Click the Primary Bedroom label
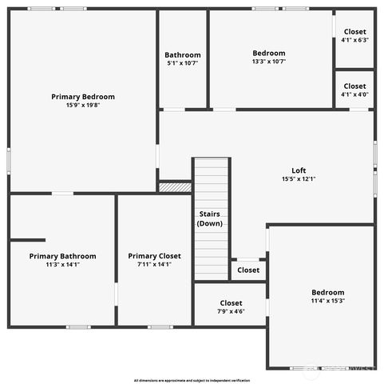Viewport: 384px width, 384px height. coord(81,96)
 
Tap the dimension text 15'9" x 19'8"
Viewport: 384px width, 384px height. coord(81,105)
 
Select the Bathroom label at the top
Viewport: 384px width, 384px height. coord(183,55)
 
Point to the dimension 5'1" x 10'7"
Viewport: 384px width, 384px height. coord(183,63)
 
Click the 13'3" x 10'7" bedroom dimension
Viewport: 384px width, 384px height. coord(269,61)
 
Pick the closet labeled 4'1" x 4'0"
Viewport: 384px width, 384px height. coord(354,90)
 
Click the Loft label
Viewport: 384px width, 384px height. coord(299,170)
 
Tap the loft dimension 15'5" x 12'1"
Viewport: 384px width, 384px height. coord(299,178)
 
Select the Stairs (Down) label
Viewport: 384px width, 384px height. coord(211,218)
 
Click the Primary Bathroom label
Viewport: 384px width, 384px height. coord(62,256)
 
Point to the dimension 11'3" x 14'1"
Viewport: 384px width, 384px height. coord(62,264)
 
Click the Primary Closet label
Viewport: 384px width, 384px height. coord(155,256)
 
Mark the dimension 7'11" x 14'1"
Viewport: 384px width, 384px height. coord(155,264)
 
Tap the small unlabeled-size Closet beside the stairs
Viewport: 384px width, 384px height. coord(248,270)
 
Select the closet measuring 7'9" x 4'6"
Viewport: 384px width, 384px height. coord(231,307)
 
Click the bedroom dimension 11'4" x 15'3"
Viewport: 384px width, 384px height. coord(327,301)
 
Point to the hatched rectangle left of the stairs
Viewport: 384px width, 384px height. coord(175,187)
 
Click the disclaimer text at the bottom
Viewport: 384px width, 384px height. coord(192,380)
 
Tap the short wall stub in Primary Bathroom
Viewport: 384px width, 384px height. coord(28,239)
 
